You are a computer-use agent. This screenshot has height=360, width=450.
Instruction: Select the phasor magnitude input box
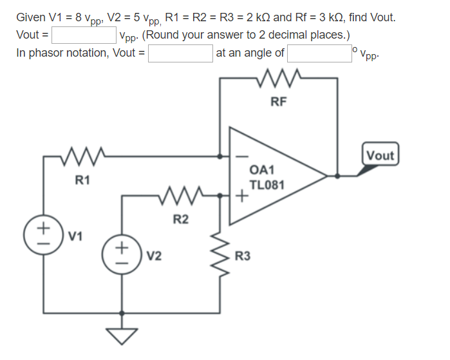180,53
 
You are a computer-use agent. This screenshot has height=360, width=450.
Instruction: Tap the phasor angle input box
319,53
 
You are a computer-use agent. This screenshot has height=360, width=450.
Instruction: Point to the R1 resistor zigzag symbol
82,156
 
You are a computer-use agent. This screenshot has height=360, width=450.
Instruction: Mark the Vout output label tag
380,155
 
